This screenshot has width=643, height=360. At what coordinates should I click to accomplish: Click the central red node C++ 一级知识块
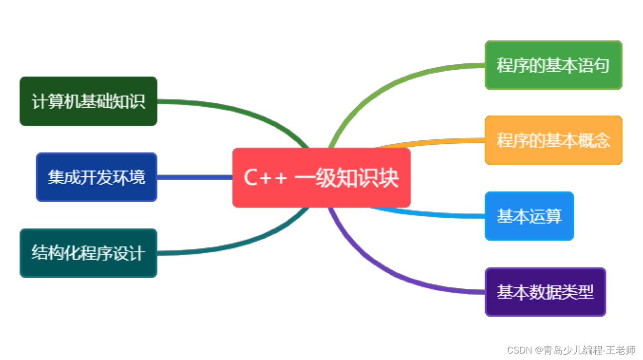(x=321, y=177)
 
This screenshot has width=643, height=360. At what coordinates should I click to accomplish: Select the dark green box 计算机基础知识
(x=89, y=101)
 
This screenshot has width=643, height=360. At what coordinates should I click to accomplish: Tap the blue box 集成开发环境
(x=97, y=177)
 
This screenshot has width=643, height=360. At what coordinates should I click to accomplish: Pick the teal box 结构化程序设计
(x=89, y=253)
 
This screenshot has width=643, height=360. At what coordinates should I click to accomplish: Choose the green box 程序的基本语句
(x=553, y=65)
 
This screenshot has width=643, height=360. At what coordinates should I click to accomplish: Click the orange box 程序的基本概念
(x=553, y=140)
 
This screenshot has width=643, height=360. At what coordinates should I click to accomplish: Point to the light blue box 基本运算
(x=529, y=216)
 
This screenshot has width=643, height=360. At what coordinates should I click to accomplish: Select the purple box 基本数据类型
(x=545, y=292)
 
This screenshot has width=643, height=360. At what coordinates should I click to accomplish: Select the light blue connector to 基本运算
(x=433, y=214)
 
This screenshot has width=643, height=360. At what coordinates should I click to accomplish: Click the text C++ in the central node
(x=265, y=178)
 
